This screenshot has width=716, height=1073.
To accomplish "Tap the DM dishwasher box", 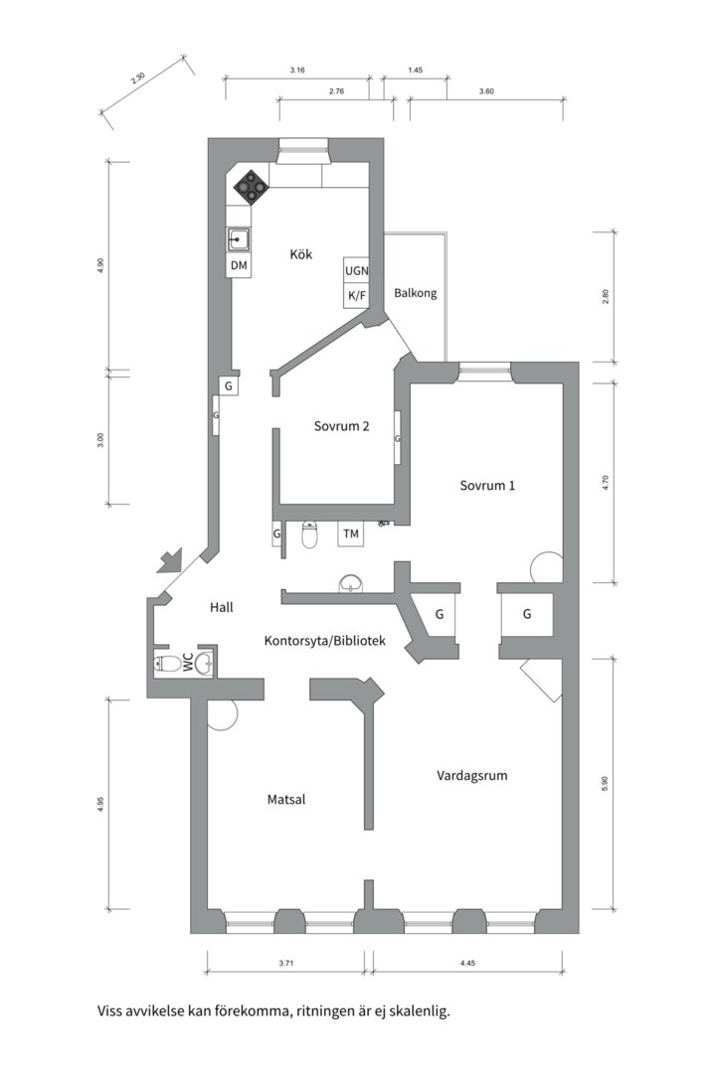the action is coord(239,265).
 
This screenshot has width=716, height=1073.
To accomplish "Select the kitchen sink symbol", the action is coord(239,240).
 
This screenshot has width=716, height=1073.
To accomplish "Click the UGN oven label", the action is coord(356,271).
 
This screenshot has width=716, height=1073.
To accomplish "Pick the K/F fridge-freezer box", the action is coord(356,296).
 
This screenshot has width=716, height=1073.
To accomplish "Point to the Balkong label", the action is coord(416,293).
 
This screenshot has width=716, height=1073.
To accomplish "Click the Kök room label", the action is coord(300,254).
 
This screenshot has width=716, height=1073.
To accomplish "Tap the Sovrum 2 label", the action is coord(341,425).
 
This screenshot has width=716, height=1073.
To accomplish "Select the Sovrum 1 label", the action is coord(487,485).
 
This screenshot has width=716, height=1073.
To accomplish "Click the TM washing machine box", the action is coord(351,534).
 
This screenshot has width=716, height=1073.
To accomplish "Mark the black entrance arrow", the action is coord(170,559).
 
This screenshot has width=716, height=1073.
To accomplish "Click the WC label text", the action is coord(187,662).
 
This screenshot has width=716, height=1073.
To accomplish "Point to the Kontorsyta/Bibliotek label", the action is coord(325,641).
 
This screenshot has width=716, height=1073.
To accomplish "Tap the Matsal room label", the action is coord(286,799).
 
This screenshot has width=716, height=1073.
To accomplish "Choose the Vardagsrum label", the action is coord(472,775).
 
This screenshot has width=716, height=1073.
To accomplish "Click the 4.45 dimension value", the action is coord(467,963).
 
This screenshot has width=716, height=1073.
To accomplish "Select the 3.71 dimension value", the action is coord(286,963).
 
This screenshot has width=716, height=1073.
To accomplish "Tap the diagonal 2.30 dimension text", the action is coord(137,78).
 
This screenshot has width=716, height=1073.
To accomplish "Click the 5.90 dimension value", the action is coord(605,784).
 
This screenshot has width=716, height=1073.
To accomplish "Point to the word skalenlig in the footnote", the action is coord(419,1011).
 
